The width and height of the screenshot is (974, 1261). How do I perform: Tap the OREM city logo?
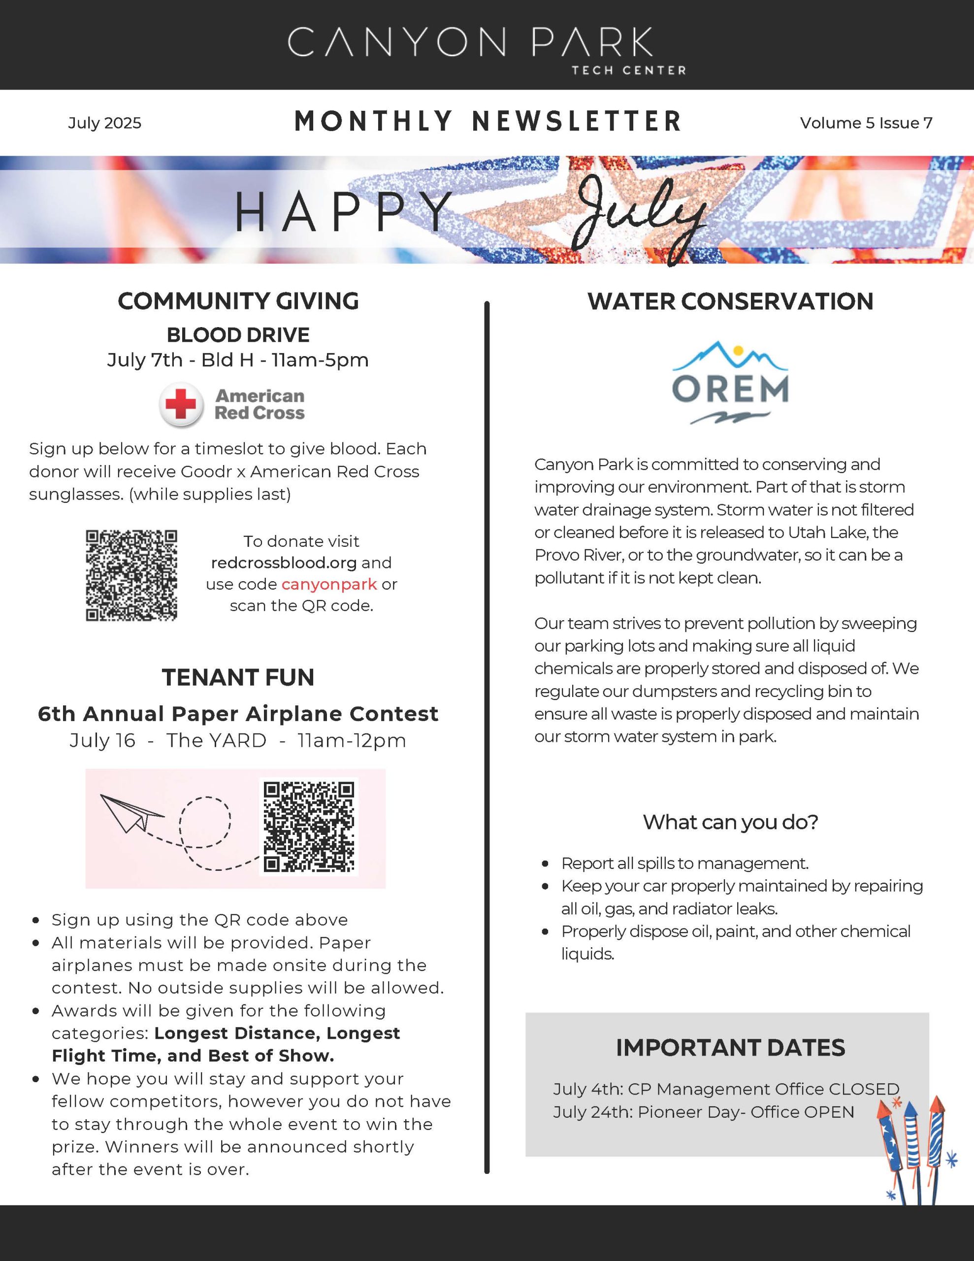(x=730, y=383)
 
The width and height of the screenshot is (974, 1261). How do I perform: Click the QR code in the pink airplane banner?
(x=308, y=827)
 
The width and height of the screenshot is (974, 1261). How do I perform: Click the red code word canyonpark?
(x=329, y=584)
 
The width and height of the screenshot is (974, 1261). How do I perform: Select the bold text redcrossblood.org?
(x=284, y=563)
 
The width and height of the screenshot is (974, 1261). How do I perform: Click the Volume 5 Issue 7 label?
(x=866, y=123)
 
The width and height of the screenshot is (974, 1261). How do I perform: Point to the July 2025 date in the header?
(x=104, y=123)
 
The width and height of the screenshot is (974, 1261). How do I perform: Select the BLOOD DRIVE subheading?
(x=238, y=335)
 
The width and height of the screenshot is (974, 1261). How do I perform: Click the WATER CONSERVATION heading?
(x=730, y=301)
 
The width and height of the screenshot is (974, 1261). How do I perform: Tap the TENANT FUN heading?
(x=238, y=677)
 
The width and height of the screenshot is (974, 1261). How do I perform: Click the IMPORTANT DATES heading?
(x=730, y=1047)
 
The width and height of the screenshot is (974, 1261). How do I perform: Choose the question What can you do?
(x=730, y=822)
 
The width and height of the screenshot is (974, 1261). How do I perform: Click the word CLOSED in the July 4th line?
(x=864, y=1089)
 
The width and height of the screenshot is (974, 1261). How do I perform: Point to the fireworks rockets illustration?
(x=913, y=1149)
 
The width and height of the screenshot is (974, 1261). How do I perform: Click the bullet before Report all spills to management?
(x=545, y=864)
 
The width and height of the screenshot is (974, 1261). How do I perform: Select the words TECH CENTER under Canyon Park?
(x=628, y=70)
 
